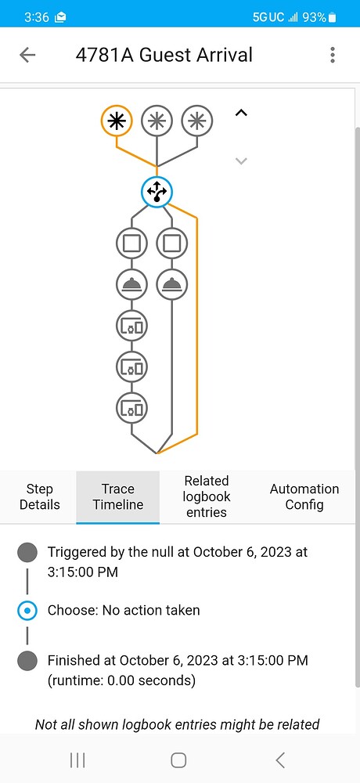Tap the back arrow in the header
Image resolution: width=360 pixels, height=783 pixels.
(27, 55)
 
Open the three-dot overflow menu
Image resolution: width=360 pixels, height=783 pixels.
(333, 55)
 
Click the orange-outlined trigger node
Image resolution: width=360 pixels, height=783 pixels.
(117, 121)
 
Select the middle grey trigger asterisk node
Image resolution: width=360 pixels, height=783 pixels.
(157, 121)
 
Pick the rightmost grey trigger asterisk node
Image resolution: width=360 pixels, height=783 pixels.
(197, 121)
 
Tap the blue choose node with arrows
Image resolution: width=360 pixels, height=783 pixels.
(157, 191)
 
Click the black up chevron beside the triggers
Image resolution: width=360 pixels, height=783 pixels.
(241, 114)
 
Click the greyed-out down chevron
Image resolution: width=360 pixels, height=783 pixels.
(241, 161)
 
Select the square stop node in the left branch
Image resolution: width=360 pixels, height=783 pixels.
(131, 243)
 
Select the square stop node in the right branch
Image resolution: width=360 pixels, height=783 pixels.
(171, 243)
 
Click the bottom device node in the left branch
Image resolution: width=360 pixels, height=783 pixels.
(131, 407)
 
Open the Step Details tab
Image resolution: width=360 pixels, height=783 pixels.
(39, 497)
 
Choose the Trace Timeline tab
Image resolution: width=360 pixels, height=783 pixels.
(118, 497)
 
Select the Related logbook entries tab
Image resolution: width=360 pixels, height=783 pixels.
(207, 497)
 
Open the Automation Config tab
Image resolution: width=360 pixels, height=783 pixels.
(304, 497)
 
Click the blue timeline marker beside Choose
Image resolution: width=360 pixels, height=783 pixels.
(27, 610)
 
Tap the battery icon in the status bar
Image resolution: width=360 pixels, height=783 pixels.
(333, 16)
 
